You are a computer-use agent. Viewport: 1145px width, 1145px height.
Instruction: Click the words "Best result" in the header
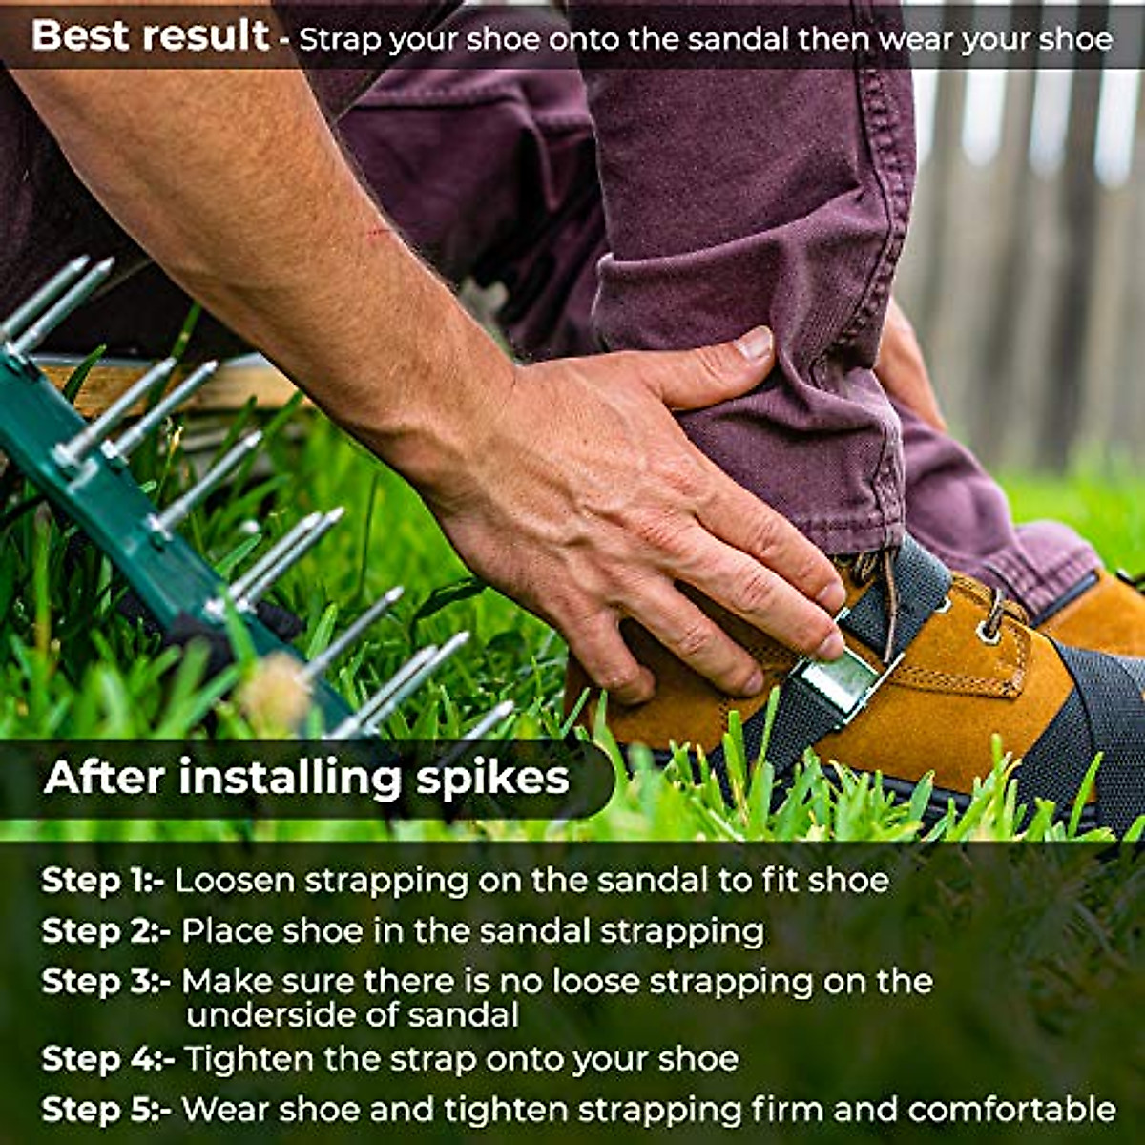tap(150, 36)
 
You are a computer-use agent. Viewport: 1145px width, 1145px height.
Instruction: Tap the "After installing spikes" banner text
tap(306, 778)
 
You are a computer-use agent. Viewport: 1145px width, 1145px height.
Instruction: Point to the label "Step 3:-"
tap(106, 982)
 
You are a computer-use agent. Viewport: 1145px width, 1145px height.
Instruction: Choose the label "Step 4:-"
tap(108, 1059)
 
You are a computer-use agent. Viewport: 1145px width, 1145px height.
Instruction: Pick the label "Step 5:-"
tap(106, 1110)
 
